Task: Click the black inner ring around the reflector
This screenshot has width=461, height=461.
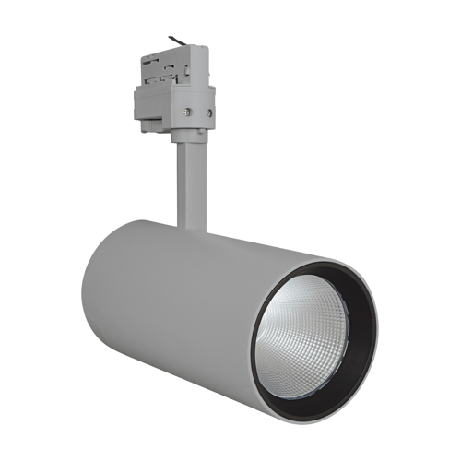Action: coord(355,304)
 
